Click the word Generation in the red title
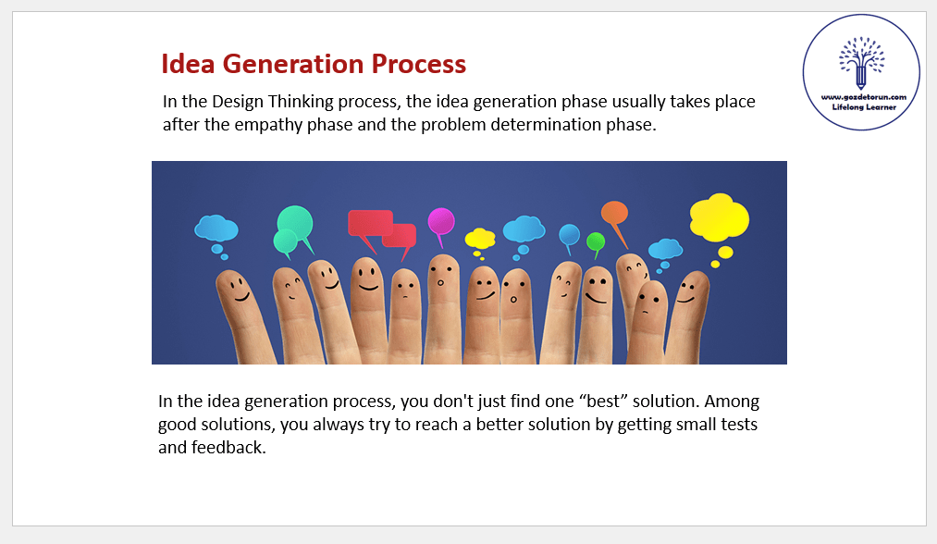tap(293, 64)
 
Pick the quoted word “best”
tap(603, 401)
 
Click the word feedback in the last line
tap(228, 447)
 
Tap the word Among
tap(734, 402)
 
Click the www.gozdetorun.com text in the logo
tap(864, 97)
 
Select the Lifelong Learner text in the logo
tap(864, 107)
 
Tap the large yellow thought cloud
tap(719, 217)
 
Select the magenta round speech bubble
tap(441, 222)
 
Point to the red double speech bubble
tap(381, 229)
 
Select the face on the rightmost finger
tap(686, 291)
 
